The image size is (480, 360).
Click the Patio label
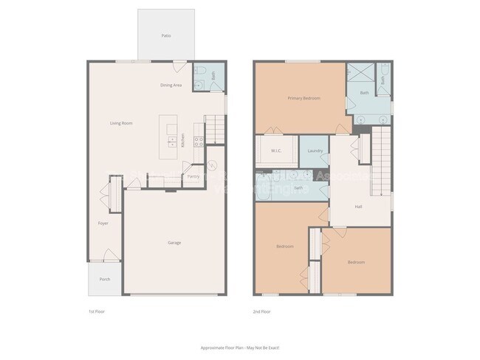[x=166, y=35]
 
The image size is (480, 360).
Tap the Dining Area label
[x=171, y=86]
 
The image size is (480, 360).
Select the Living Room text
[x=121, y=123]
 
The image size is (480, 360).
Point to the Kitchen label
[x=183, y=139]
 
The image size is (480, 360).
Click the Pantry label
[x=193, y=176]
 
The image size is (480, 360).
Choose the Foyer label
[x=103, y=223]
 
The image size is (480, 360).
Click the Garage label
[x=174, y=243]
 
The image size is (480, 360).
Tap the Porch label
[x=105, y=279]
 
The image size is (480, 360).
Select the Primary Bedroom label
[x=304, y=97]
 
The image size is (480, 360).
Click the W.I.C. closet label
[x=276, y=151]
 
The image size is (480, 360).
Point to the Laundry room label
[x=314, y=151]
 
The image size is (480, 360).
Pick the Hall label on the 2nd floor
[x=358, y=207]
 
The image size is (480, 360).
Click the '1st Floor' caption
[x=97, y=312]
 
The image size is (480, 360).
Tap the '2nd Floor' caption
[x=262, y=312]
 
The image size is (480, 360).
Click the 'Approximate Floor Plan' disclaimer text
[x=240, y=347]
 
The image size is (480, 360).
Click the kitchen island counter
[x=171, y=133]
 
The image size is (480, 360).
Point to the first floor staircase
[x=214, y=130]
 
